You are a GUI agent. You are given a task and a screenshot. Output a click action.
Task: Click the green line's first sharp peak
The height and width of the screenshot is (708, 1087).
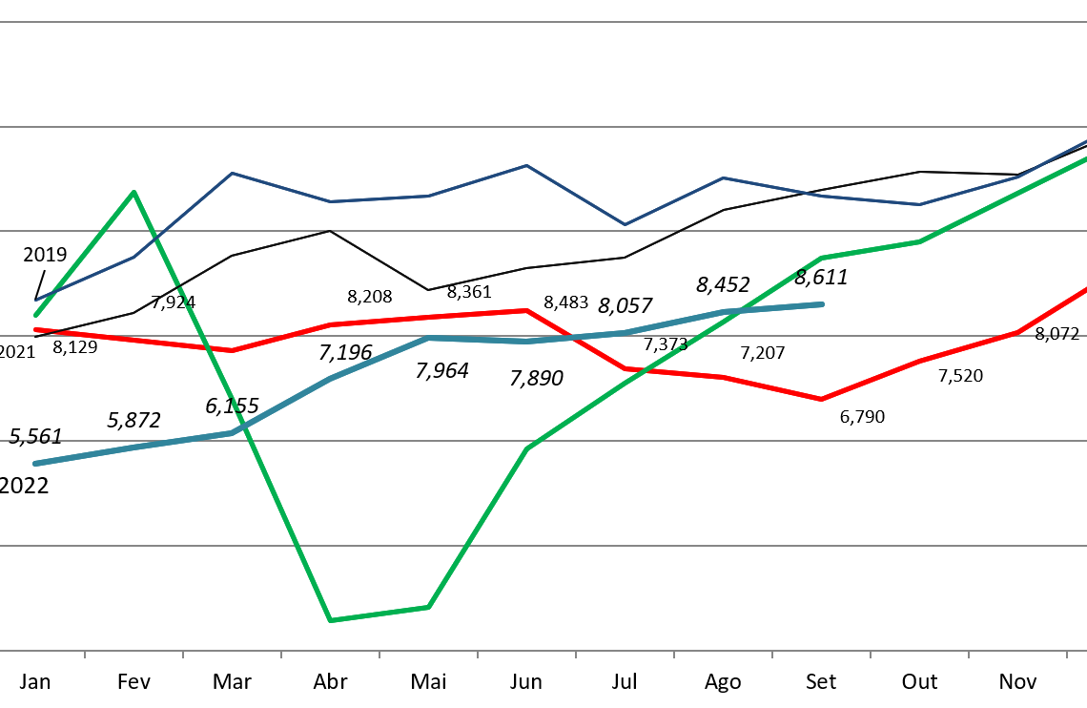click(133, 192)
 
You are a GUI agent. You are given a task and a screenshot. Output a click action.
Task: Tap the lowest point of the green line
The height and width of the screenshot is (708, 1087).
click(330, 620)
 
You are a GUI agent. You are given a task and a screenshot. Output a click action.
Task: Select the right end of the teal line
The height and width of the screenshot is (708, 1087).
click(821, 304)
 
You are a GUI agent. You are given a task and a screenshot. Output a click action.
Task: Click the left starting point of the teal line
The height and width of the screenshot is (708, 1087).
click(35, 464)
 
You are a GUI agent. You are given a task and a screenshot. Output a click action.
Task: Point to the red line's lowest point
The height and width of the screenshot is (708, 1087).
click(821, 399)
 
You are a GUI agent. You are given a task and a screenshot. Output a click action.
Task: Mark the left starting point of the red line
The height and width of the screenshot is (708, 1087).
click(35, 329)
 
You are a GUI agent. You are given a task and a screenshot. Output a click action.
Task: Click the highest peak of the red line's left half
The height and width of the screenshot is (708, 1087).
click(526, 310)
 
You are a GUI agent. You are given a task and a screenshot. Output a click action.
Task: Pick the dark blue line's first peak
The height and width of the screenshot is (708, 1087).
click(232, 173)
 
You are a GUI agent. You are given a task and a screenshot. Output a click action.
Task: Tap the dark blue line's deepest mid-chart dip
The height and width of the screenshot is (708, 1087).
click(625, 225)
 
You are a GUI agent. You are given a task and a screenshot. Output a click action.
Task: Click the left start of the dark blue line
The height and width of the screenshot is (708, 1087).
click(35, 301)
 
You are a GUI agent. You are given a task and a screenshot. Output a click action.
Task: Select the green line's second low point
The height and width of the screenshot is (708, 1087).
click(428, 607)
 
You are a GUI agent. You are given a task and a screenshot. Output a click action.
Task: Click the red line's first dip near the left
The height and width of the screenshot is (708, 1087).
click(232, 350)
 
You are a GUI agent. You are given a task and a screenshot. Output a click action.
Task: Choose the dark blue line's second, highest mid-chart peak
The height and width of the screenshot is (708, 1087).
click(526, 165)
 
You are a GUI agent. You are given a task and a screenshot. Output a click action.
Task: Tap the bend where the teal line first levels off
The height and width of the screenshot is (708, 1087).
click(428, 338)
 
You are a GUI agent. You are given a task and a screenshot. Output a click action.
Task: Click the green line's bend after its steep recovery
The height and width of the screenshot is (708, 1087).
click(526, 448)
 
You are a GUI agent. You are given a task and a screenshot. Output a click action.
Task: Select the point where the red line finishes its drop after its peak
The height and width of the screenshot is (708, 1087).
click(625, 368)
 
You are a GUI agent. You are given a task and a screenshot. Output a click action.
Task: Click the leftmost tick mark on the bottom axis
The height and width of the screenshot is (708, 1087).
click(85, 655)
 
